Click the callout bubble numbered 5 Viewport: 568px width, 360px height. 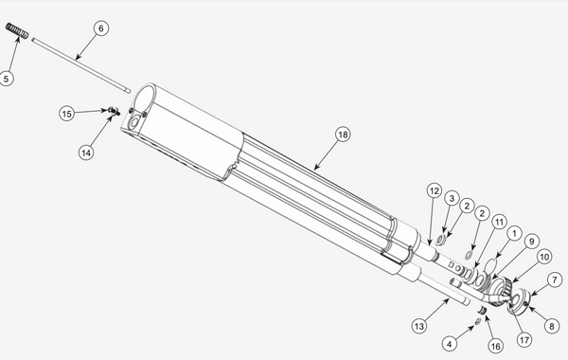pos(7,79)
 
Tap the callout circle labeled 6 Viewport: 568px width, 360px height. pos(101,28)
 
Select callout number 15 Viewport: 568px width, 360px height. pos(66,114)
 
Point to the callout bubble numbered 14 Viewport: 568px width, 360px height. pos(86,153)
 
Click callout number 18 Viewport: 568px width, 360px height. pos(343,135)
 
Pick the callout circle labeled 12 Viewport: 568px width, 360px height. pos(435,191)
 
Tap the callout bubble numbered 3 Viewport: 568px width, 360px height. pos(452,198)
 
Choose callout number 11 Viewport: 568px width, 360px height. pos(499,222)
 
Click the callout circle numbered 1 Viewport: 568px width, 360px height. pos(514,234)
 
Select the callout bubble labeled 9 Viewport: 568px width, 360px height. pos(531,242)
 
